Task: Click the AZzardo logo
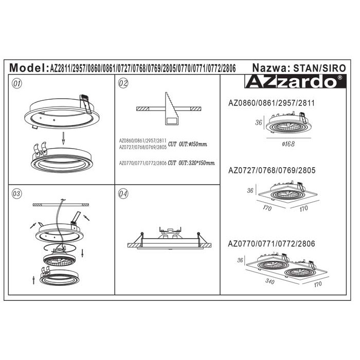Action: tap(295, 81)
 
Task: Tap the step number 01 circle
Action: tap(17, 83)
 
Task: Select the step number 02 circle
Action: tap(123, 83)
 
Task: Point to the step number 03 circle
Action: tap(17, 193)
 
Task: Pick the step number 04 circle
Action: tap(123, 194)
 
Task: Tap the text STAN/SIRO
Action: tap(319, 68)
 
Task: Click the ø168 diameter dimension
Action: tap(289, 144)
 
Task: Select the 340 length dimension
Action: tap(270, 281)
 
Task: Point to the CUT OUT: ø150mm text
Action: tap(188, 144)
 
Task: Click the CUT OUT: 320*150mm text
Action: tap(191, 163)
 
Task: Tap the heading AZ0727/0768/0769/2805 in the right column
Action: tap(272, 170)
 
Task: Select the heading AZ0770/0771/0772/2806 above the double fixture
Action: tap(272, 244)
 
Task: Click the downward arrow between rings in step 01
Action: tap(63, 138)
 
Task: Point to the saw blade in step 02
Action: tap(171, 109)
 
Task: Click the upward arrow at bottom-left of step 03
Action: tap(34, 280)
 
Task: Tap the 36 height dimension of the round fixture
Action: tap(259, 122)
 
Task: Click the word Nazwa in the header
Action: tap(269, 68)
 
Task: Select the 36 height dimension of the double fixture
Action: tap(240, 260)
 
